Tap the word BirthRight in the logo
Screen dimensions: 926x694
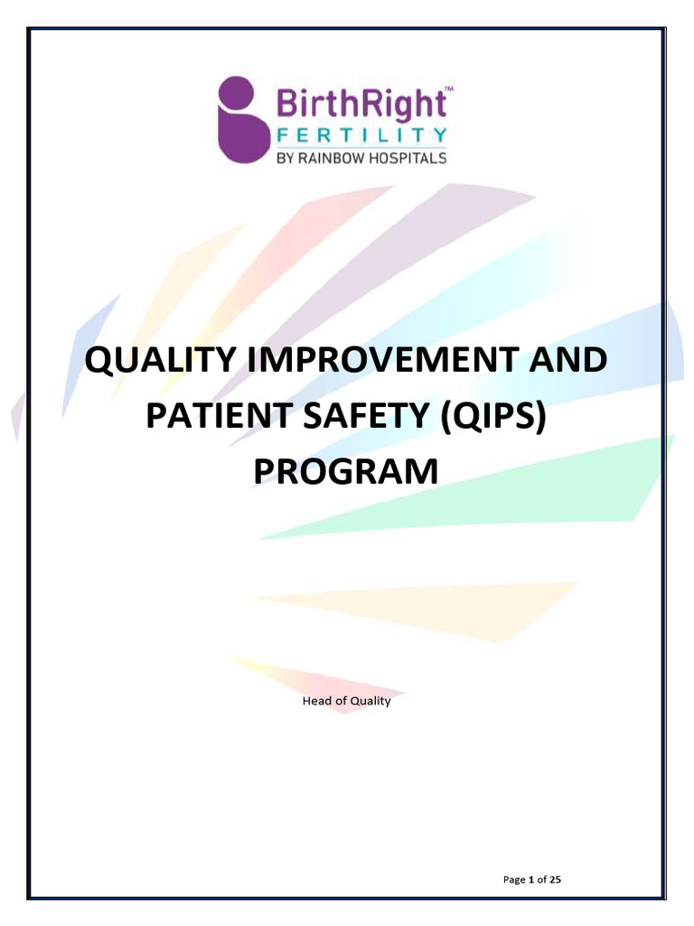[359, 103]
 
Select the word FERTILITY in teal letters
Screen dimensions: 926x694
[360, 136]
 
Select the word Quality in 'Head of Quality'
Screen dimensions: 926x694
[370, 701]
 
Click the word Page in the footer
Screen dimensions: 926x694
[512, 878]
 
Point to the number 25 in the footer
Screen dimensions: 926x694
[555, 878]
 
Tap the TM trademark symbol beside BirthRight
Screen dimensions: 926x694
[449, 89]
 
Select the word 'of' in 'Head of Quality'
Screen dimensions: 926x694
[340, 701]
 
